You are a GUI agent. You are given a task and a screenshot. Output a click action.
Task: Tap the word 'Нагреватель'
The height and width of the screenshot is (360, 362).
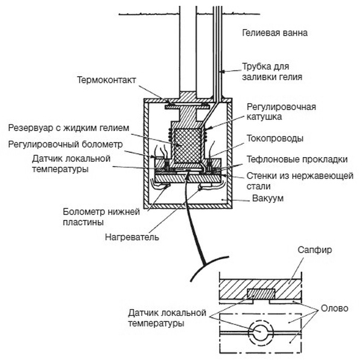click(132, 237)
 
